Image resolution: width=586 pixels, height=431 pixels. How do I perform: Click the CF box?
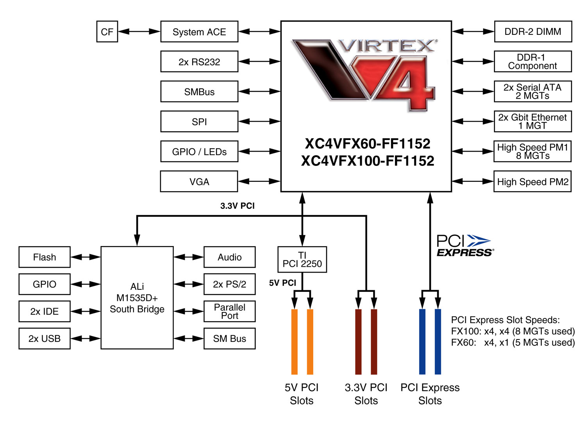tap(107, 32)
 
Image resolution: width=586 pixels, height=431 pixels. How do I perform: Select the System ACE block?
tap(199, 32)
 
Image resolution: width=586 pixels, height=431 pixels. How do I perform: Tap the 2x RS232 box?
tap(199, 62)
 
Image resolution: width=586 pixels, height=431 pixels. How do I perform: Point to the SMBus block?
tap(199, 92)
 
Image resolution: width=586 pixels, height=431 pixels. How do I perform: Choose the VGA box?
tap(199, 181)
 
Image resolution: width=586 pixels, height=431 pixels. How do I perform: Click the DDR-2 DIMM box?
tap(533, 32)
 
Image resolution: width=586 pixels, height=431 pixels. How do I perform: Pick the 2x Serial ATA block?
tap(532, 92)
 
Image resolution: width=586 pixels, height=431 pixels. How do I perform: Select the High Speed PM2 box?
tap(532, 181)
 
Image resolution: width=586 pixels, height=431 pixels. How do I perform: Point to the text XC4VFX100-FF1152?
tap(368, 161)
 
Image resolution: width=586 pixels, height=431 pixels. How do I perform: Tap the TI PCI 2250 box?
tap(302, 260)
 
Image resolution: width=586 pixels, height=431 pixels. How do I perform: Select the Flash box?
tap(45, 257)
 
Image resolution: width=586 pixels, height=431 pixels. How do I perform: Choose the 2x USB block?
tap(45, 339)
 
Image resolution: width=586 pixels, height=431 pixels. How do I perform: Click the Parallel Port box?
tap(230, 311)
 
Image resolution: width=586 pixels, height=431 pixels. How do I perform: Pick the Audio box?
tap(230, 257)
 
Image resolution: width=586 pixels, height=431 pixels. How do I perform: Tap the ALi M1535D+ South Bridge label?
tap(137, 298)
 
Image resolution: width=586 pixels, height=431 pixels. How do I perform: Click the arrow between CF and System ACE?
tap(139, 32)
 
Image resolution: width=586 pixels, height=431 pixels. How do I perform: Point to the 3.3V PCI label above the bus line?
tap(237, 206)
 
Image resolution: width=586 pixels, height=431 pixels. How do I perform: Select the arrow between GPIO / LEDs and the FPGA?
tap(259, 151)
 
